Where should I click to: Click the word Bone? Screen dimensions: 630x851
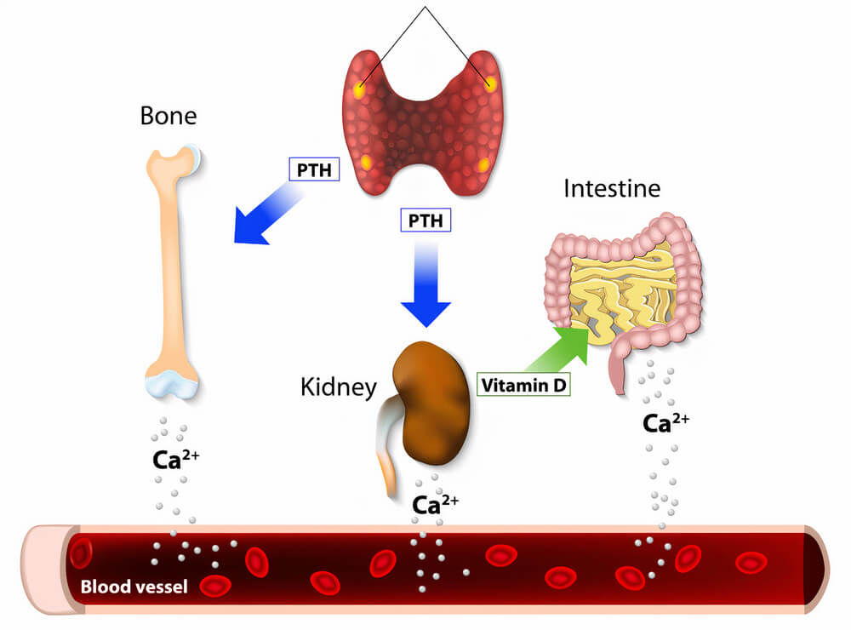(168, 117)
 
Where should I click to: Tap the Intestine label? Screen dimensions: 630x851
(611, 187)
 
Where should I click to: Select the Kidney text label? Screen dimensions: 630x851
(338, 388)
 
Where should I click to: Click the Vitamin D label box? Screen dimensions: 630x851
(523, 385)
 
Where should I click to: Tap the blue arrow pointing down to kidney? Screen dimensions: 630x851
(425, 285)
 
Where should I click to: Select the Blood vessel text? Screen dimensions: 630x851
(134, 587)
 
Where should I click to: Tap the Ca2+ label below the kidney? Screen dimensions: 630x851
(435, 504)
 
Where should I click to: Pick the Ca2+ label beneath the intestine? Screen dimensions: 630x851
(665, 423)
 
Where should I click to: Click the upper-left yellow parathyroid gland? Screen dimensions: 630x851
(361, 88)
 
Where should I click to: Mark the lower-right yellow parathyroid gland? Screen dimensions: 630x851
(484, 164)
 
